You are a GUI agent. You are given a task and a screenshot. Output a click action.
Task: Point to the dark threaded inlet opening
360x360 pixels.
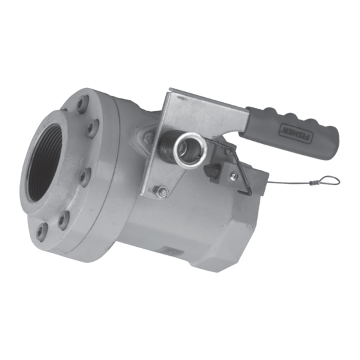pyautogui.click(x=48, y=158)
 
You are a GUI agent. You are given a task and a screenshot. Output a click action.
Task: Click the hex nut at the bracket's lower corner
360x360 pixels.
pyautogui.click(x=161, y=190)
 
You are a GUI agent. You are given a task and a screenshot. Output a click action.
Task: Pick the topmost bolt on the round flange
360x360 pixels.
pyautogui.click(x=83, y=104)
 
